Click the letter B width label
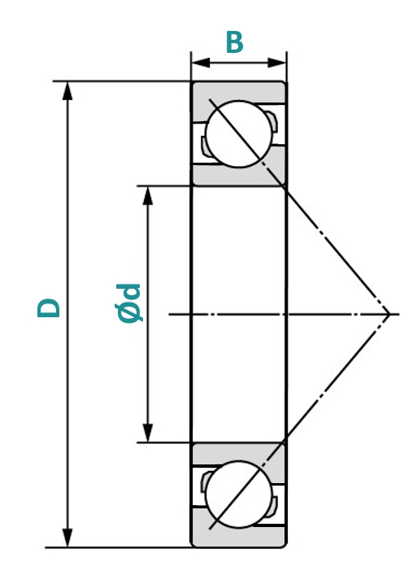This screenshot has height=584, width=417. pyautogui.click(x=235, y=42)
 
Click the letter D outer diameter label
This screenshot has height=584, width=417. pyautogui.click(x=49, y=307)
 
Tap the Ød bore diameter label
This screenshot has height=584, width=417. pyautogui.click(x=128, y=303)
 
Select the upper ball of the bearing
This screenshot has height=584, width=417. pyautogui.click(x=239, y=134)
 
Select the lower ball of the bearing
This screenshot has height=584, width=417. pyautogui.click(x=239, y=495)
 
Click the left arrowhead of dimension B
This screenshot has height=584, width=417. pyautogui.click(x=201, y=63)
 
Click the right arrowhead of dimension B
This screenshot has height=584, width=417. pyautogui.click(x=276, y=63)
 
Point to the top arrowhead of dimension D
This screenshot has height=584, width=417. pyautogui.click(x=67, y=91)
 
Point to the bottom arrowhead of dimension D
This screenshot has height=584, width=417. pyautogui.click(x=67, y=538)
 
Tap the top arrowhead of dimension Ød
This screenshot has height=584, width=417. pyautogui.click(x=148, y=195)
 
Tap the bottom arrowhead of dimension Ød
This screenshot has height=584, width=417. pyautogui.click(x=148, y=433)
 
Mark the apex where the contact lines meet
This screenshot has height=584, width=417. pyautogui.click(x=389, y=314)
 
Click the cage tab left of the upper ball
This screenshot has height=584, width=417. pyautogui.click(x=205, y=146)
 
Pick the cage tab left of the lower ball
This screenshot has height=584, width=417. pyautogui.click(x=205, y=482)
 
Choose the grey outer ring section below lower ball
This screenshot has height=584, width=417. pyautogui.click(x=238, y=536)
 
